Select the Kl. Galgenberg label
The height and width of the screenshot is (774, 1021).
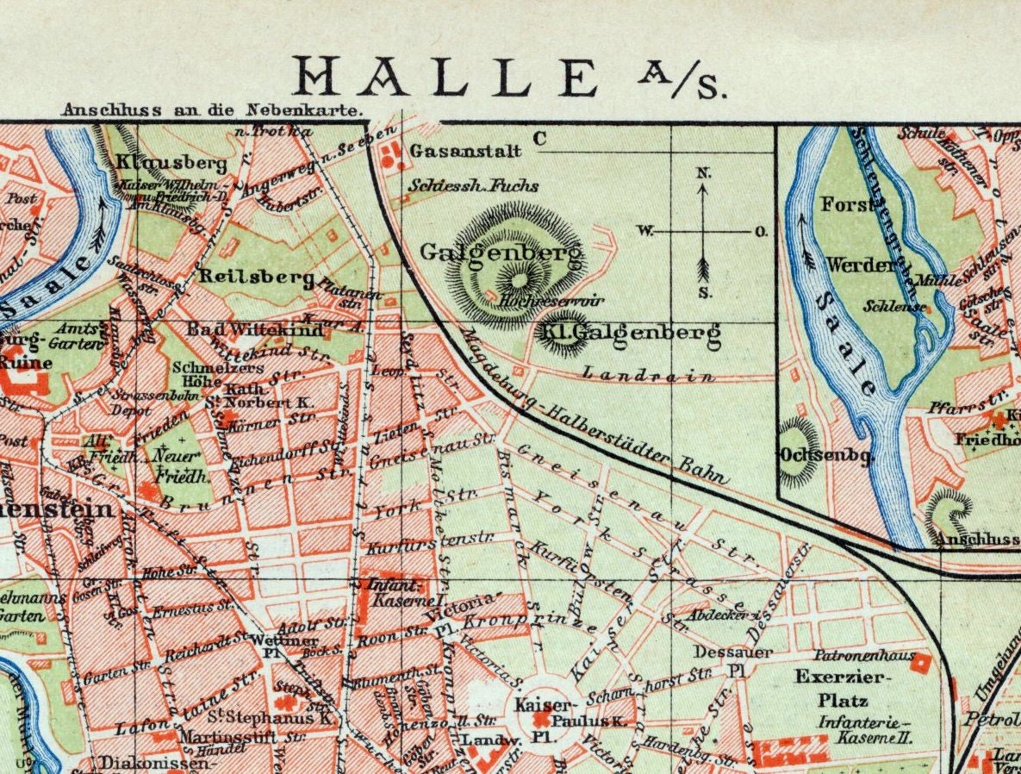pos(628,334)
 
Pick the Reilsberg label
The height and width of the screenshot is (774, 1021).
pos(256,277)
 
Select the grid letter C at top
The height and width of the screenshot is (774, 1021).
pos(540,138)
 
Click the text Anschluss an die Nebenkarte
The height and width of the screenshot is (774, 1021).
pos(212,110)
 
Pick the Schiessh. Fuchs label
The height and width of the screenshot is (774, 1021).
pos(473,185)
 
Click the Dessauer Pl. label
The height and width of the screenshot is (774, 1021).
pos(722,660)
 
